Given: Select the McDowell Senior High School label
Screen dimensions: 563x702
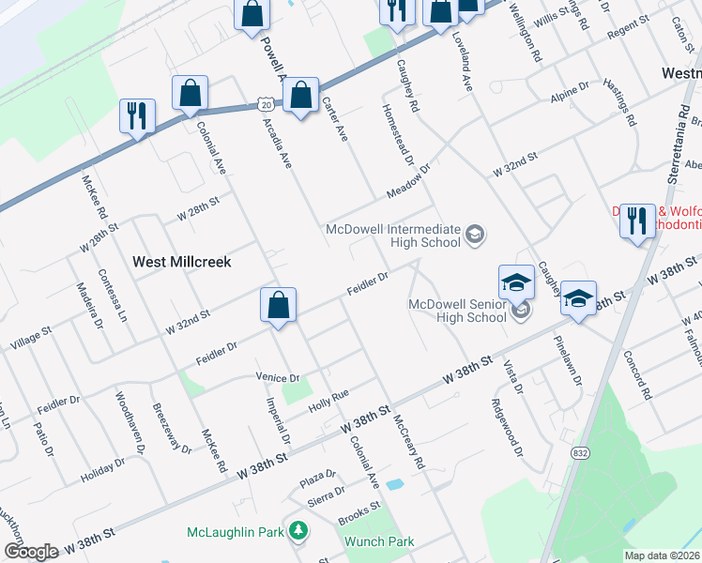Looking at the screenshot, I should click(x=457, y=310).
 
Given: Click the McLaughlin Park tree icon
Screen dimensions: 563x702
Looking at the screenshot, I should click(x=298, y=532).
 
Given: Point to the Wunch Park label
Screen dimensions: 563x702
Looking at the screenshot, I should click(x=379, y=541).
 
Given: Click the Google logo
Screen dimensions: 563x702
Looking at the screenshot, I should click(x=31, y=552).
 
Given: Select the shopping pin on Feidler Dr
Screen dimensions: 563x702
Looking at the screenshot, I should click(x=278, y=306).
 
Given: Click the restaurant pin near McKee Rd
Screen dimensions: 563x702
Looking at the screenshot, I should click(x=137, y=117).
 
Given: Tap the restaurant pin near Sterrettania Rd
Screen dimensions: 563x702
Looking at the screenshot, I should click(x=637, y=222).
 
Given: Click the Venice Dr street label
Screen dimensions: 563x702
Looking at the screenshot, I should click(x=277, y=377).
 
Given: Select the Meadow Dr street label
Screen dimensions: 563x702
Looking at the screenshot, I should click(x=409, y=183).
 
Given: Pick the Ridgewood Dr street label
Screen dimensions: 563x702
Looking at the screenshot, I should click(x=506, y=427).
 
